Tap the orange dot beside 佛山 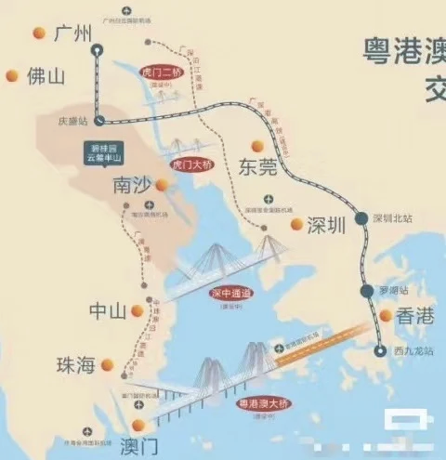tap(12, 76)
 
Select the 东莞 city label tap(259, 167)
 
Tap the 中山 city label tap(108, 310)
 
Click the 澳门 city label tap(139, 442)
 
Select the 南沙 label tap(131, 184)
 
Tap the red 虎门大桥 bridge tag tap(193, 164)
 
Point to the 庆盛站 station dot tap(98, 119)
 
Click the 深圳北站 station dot tap(361, 217)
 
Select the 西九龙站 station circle tap(379, 350)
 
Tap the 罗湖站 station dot tap(368, 292)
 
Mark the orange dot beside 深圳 tap(296, 224)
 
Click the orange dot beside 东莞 tap(274, 144)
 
